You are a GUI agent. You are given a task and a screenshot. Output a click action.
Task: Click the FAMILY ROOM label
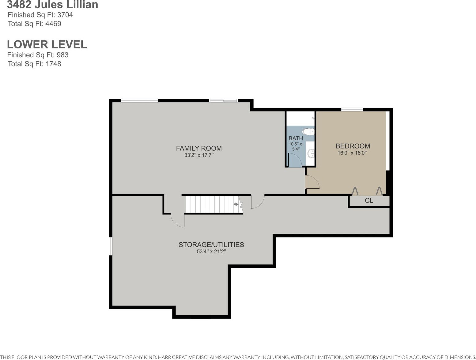coord(199,148)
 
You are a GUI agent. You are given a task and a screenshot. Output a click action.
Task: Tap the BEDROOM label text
coord(353,146)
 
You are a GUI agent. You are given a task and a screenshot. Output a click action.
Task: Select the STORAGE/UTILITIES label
coord(211,244)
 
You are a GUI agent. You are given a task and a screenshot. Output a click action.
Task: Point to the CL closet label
coord(369,201)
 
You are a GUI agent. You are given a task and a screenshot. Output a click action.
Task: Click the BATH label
coord(296,138)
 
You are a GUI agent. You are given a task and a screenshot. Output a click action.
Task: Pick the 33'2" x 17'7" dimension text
coord(199,155)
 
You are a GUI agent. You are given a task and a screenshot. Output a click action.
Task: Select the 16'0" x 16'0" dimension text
coord(352,153)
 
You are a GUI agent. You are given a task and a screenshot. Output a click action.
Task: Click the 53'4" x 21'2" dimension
coord(211,252)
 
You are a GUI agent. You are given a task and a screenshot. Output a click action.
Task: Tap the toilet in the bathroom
coord(308,131)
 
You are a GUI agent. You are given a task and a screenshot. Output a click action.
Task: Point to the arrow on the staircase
coord(236,204)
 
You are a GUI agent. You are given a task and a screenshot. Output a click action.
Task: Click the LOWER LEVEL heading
coord(47,44)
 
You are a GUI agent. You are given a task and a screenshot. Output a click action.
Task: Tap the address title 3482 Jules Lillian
coord(52,5)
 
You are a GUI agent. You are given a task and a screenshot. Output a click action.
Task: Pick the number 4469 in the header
coord(53,24)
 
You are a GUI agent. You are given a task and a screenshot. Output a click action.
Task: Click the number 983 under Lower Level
coord(62,55)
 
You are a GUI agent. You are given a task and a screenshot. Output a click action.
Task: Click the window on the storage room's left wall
coord(111,246)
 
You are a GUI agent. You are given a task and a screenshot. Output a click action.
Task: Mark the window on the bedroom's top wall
coord(352,109)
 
